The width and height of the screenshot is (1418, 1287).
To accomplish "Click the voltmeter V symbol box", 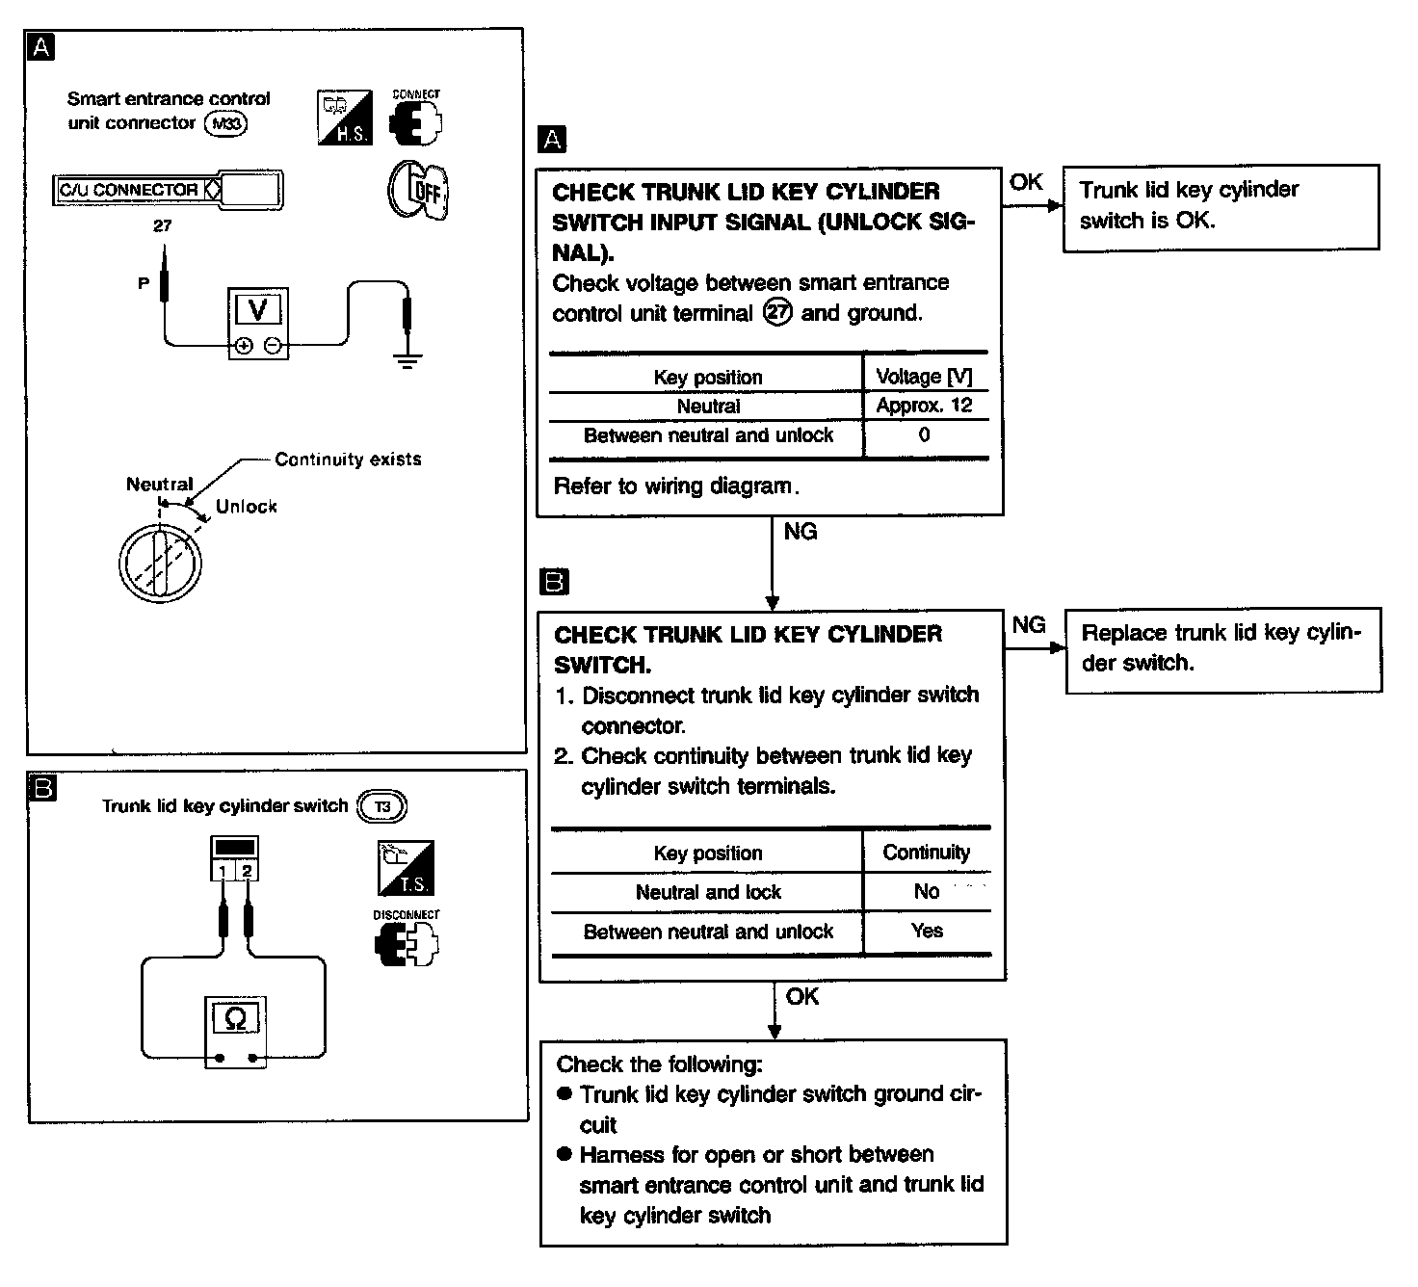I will point(257,309).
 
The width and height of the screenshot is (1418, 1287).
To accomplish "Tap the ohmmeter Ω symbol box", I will point(234,1018).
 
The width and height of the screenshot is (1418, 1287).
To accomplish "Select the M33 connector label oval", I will point(226,123).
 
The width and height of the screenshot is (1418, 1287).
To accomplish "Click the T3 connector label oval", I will point(382,806).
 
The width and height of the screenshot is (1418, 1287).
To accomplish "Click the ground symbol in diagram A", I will point(407,361).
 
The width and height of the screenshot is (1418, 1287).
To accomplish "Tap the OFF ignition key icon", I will point(419,188).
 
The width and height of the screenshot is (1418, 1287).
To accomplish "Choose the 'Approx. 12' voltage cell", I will point(924,406).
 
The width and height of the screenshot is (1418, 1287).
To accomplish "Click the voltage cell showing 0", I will point(924,434).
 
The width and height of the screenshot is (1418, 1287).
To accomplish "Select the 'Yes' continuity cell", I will point(926,931).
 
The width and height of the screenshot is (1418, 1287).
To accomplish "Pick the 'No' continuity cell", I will point(926,892).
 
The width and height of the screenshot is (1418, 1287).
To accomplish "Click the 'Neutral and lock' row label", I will point(708,892).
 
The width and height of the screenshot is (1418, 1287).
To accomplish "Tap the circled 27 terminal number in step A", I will point(776,313).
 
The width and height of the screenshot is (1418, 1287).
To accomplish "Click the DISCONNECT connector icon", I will point(406,944).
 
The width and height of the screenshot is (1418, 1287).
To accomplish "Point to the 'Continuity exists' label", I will point(348,460).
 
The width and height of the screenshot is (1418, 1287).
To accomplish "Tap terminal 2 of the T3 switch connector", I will point(248,871).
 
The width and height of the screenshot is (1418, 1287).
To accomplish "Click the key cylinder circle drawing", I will point(160,565).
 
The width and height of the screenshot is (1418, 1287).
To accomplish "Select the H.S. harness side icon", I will point(344,118).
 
